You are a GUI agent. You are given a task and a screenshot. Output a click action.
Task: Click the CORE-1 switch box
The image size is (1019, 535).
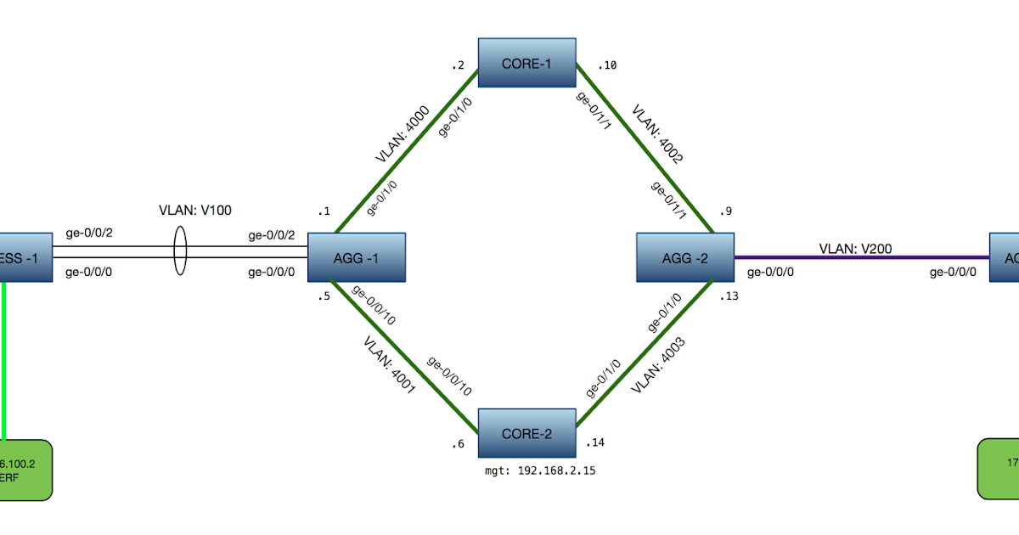tap(526, 62)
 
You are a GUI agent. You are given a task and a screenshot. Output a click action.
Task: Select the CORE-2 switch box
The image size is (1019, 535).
tap(526, 433)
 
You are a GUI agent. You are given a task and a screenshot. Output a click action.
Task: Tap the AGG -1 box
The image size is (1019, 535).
tap(355, 257)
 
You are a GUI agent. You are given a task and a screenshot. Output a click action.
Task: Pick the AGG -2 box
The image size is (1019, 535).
tap(684, 257)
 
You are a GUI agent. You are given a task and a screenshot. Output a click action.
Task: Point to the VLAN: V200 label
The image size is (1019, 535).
tap(855, 249)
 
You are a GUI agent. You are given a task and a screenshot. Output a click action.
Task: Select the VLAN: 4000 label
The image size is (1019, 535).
tap(403, 134)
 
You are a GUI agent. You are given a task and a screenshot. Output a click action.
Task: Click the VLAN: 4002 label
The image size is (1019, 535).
tap(656, 134)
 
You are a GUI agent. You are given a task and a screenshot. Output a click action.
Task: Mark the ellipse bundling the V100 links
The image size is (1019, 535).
tap(180, 251)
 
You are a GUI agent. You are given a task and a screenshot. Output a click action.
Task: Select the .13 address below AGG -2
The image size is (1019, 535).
tap(729, 296)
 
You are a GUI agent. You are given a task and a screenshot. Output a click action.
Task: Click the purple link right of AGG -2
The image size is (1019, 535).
tap(858, 257)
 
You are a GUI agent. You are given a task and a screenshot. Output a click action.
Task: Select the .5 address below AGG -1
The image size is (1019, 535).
tap(324, 296)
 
